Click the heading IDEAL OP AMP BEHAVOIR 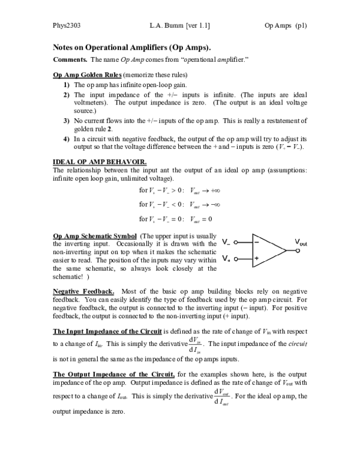95,162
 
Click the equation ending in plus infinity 179,191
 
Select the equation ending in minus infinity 179,205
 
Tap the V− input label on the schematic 226,243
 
